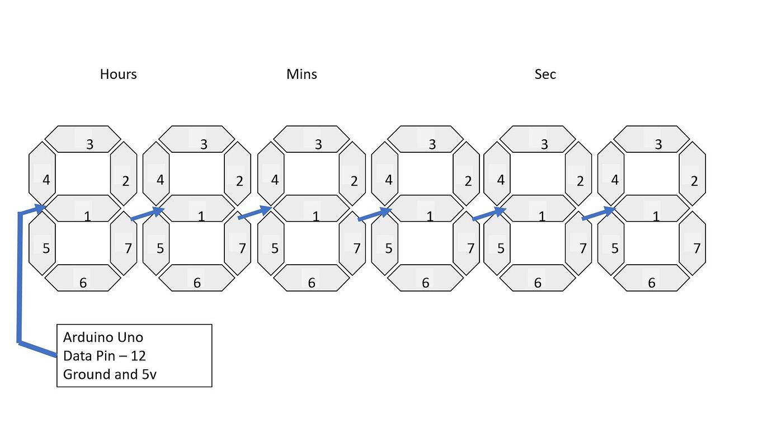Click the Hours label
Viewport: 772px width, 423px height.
pos(118,74)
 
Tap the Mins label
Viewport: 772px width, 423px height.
pos(302,74)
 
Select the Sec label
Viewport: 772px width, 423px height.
pos(545,74)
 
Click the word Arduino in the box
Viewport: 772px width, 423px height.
pos(88,337)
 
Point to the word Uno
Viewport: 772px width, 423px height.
pos(130,337)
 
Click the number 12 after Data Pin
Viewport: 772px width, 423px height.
pos(138,356)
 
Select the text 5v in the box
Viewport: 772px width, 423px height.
pos(149,374)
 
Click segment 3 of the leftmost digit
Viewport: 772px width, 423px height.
pos(83,139)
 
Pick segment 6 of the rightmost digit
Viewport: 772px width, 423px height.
pos(651,278)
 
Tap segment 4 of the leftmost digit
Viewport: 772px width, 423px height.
pos(42,173)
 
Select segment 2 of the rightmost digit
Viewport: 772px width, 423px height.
pos(693,173)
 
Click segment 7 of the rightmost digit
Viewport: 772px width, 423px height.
pos(693,243)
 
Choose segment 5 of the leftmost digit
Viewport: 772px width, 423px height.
pos(42,243)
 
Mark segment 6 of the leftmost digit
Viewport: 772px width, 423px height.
pos(83,278)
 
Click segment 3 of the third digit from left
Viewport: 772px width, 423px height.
pos(312,139)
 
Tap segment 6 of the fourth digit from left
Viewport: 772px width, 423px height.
pos(425,278)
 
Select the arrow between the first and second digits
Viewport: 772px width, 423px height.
pos(148,213)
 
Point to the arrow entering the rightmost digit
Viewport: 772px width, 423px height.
pos(599,213)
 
